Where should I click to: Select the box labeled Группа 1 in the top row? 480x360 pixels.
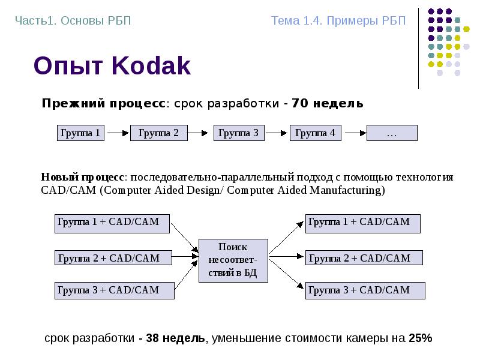80,133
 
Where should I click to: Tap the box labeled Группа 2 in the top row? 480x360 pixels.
158,133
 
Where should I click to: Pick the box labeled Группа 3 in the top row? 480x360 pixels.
238,133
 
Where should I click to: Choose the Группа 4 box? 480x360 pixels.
316,133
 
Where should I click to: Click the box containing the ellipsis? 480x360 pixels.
391,133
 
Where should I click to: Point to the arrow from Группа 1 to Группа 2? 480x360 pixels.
117,133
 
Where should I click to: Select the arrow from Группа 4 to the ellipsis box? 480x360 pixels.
354,133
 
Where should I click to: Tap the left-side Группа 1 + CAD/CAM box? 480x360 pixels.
112,223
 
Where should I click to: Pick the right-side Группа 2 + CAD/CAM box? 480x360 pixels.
364,258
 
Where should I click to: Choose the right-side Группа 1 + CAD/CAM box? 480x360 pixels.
362,223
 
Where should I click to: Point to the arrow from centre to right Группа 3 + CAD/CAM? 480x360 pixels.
286,275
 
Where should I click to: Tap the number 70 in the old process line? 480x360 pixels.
300,103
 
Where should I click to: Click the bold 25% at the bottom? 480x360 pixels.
420,338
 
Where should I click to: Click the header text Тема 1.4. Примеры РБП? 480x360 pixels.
338,21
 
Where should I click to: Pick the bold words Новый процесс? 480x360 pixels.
83,177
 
